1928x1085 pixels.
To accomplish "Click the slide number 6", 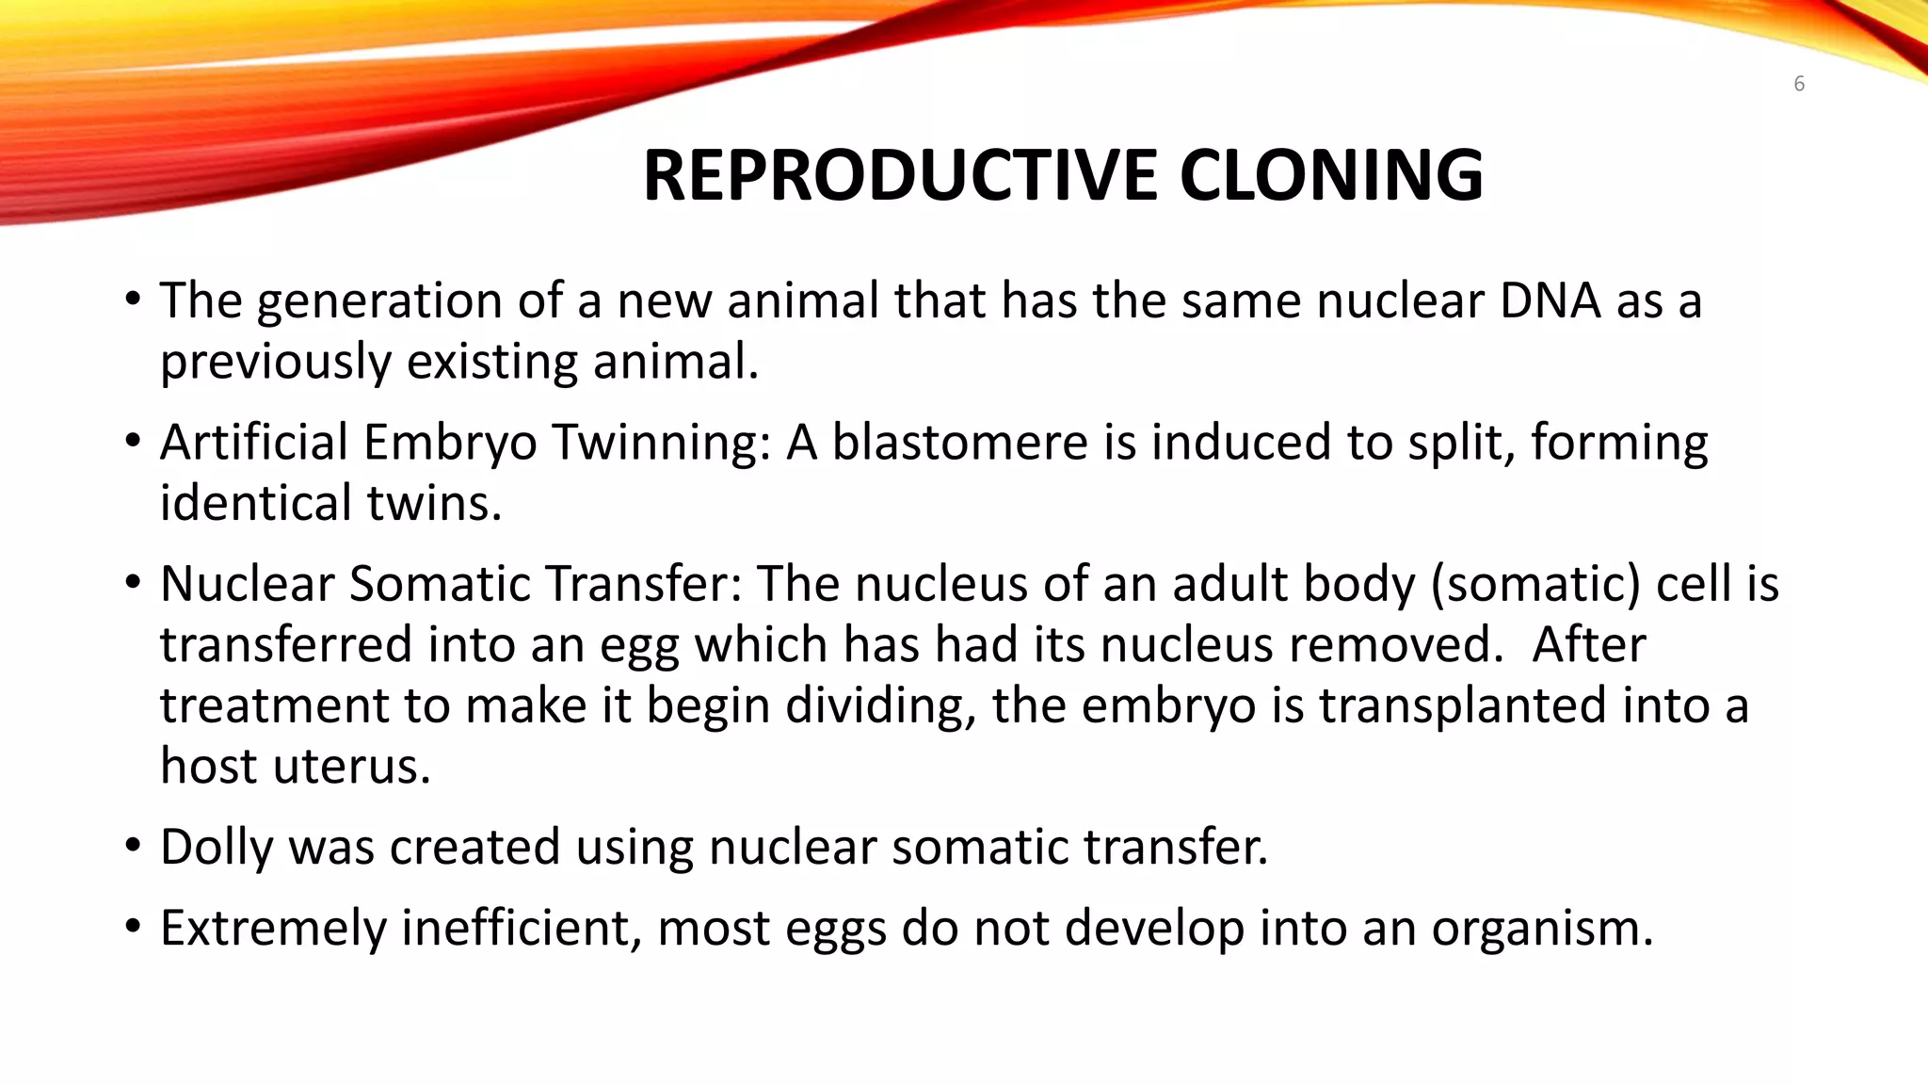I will pos(1799,84).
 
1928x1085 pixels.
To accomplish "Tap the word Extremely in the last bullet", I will pos(273,929).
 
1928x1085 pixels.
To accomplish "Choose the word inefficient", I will pos(522,929).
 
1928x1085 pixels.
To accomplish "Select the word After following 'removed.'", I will pos(1589,645).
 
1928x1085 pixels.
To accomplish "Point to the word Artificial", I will pos(254,442).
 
